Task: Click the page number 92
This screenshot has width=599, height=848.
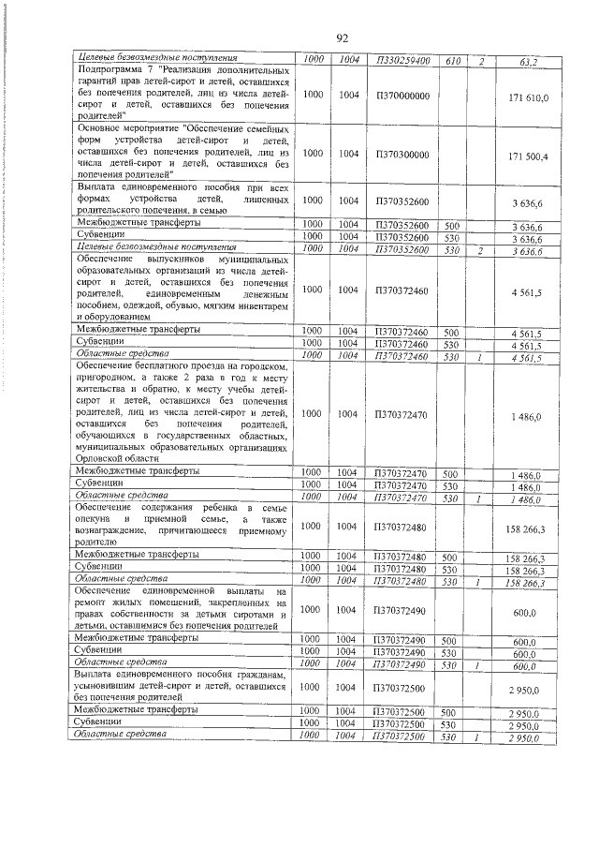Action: (342, 38)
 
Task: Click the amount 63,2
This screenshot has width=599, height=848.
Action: (530, 61)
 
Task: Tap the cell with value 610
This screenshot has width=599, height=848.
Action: (452, 60)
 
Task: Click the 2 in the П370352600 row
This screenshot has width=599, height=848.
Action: (480, 250)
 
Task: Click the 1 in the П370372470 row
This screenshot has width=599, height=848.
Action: (480, 498)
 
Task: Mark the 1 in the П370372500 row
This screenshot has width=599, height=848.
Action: (480, 737)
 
